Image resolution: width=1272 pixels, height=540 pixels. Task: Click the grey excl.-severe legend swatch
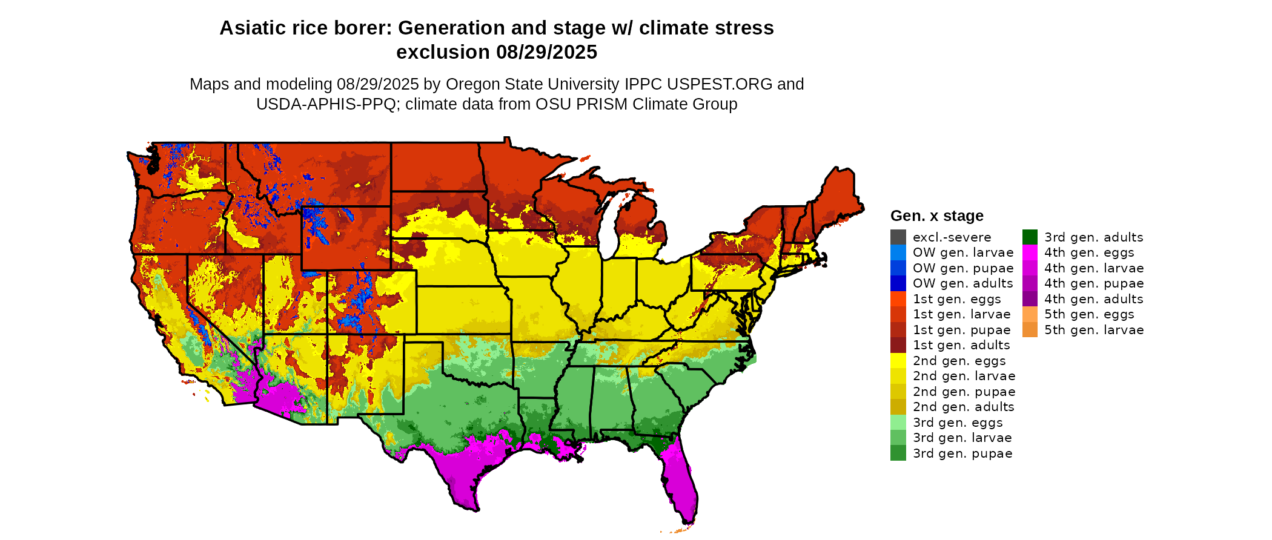click(x=898, y=237)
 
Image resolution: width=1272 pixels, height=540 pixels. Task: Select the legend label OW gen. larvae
click(x=962, y=252)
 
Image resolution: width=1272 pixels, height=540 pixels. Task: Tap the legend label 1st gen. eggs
click(x=956, y=299)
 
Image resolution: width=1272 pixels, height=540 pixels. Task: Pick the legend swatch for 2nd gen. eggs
click(x=898, y=361)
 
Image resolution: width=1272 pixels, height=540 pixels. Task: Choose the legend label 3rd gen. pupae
click(x=962, y=453)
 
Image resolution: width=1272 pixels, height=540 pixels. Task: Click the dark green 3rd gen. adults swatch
click(x=1030, y=237)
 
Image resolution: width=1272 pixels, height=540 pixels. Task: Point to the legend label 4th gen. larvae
click(x=1093, y=268)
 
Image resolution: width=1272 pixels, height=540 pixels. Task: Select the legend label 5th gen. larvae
click(x=1093, y=330)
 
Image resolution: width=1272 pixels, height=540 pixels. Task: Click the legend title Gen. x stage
click(x=936, y=216)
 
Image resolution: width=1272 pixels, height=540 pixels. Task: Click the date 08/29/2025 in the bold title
click(x=546, y=52)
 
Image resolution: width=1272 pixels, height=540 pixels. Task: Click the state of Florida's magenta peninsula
click(x=681, y=484)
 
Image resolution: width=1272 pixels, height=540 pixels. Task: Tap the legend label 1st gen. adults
click(x=961, y=345)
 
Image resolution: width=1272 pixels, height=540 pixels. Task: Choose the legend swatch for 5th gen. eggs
click(x=1030, y=314)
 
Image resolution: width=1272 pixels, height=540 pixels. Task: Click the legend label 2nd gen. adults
click(x=963, y=407)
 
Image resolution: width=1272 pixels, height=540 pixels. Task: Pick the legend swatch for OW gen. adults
click(x=898, y=283)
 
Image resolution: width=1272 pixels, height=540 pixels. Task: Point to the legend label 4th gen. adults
click(x=1093, y=299)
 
